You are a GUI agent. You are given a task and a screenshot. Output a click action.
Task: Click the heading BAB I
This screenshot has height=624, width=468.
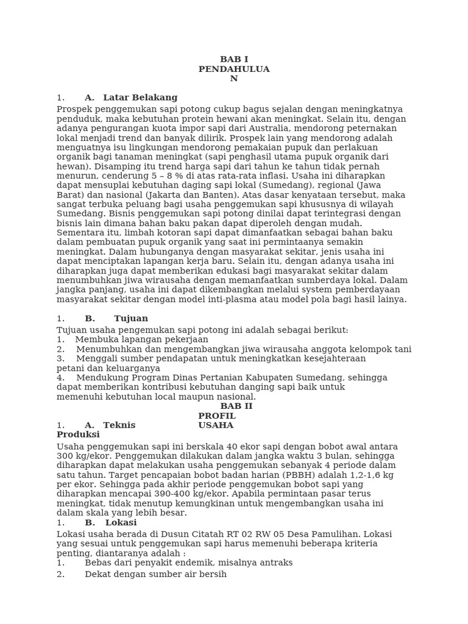click(x=234, y=60)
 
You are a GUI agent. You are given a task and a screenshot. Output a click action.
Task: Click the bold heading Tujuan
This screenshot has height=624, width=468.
click(x=131, y=319)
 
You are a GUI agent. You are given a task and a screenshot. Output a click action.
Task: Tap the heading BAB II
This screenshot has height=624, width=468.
click(x=236, y=406)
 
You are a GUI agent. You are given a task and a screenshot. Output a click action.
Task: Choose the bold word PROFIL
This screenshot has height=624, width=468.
click(x=217, y=416)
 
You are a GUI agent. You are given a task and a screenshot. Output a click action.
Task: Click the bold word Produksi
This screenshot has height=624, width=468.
click(x=78, y=435)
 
